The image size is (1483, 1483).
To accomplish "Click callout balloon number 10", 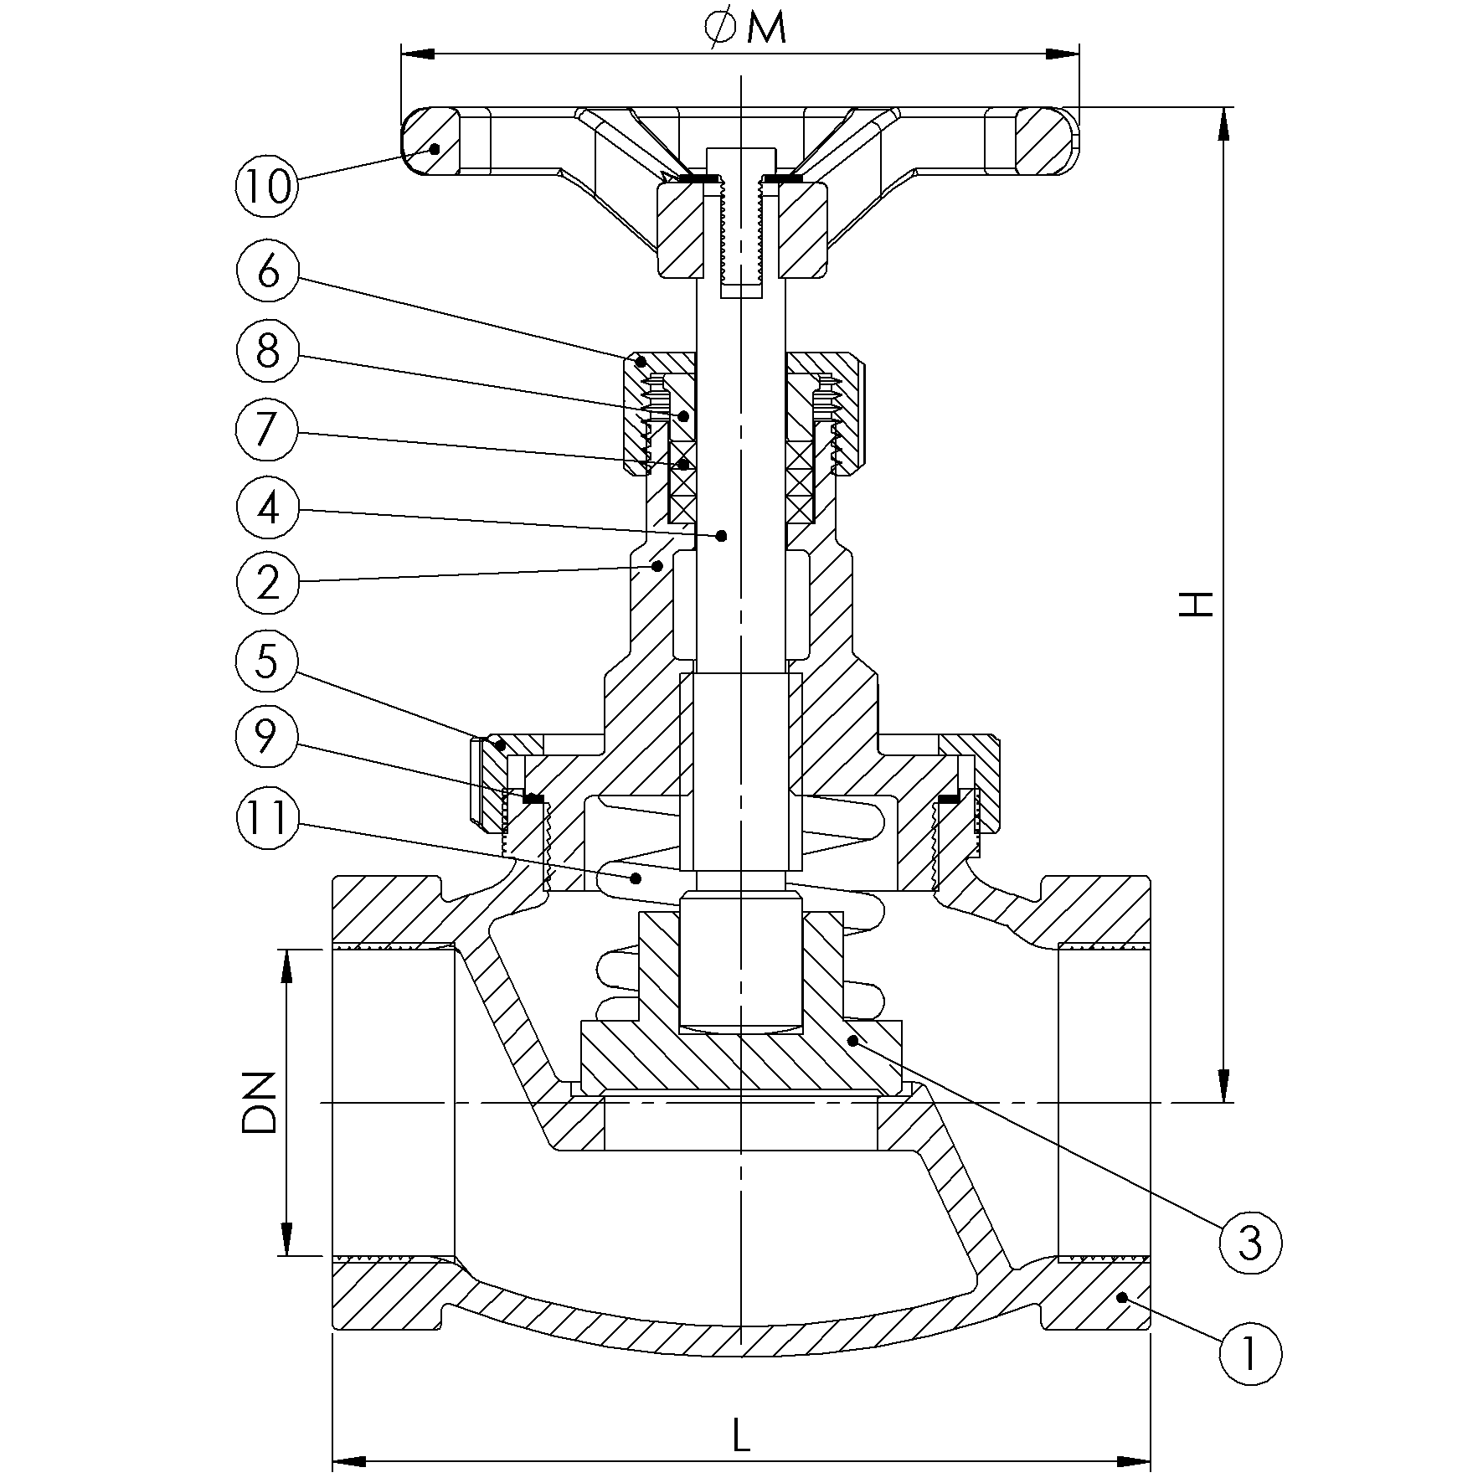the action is pos(268,185).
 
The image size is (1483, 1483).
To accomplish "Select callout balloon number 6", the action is pos(268,271).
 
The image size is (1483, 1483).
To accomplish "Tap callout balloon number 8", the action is pos(268,351).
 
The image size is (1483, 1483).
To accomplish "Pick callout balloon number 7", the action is pos(268,430).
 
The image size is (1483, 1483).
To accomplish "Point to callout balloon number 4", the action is pos(268,507).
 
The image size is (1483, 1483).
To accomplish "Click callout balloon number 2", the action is pos(268,582).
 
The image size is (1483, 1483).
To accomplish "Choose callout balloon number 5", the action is pos(268,662).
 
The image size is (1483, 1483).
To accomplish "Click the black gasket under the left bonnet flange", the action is pos(532,799).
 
